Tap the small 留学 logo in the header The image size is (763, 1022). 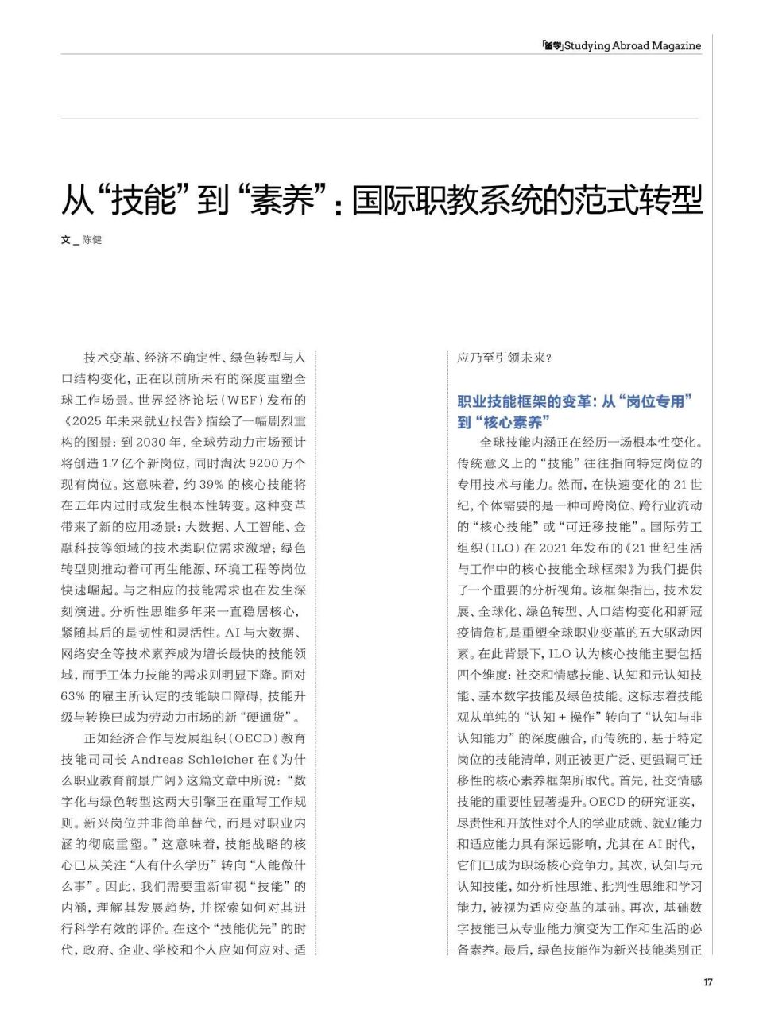(552, 46)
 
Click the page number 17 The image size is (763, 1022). (707, 982)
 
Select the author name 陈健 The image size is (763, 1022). (92, 240)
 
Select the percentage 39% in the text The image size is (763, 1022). (210, 485)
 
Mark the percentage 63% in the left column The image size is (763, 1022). (73, 696)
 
